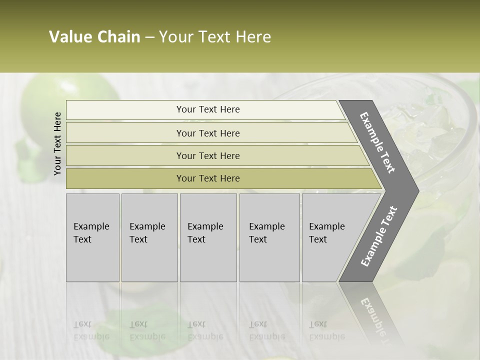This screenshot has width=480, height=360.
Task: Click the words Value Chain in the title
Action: click(94, 37)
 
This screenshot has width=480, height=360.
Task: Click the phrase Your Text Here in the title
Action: click(215, 37)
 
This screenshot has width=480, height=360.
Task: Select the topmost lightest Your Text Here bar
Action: click(207, 109)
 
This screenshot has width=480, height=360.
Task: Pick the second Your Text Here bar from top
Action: click(207, 133)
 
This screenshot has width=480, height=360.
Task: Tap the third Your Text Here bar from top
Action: click(207, 155)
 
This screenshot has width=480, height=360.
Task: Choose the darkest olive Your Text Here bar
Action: click(207, 178)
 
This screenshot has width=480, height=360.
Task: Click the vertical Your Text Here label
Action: click(57, 143)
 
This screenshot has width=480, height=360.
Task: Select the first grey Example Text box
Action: click(92, 237)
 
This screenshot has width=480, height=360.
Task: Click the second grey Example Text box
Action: click(149, 237)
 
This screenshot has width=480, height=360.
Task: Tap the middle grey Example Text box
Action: click(208, 237)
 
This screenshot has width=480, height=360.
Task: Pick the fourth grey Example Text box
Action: click(269, 237)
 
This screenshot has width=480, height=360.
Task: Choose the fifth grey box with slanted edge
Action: click(330, 237)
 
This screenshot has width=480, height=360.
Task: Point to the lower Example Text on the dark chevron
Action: click(379, 236)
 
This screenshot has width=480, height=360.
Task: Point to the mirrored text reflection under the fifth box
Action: click(327, 330)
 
